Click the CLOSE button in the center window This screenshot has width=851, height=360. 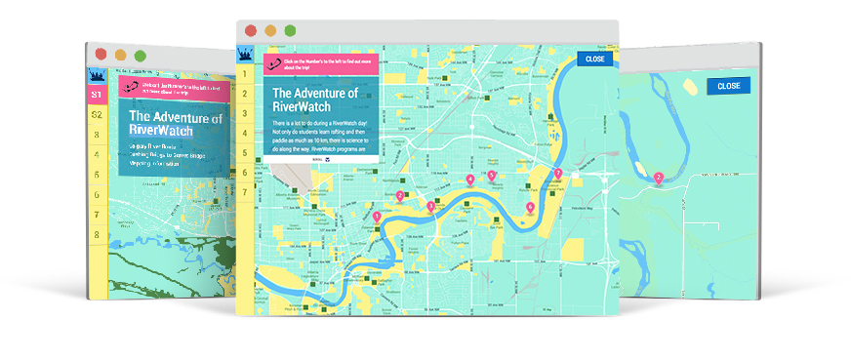595,60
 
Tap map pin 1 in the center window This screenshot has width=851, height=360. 377,216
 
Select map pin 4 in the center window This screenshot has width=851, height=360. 470,180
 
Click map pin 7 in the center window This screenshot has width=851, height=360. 558,174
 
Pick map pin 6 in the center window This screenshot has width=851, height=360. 530,207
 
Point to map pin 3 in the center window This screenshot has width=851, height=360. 430,206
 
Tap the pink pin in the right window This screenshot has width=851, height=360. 659,178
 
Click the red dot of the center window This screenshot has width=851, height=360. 251,30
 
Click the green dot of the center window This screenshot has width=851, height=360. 290,30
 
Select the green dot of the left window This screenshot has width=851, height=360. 141,55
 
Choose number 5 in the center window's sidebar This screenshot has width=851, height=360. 245,146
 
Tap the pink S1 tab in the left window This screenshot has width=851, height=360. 96,95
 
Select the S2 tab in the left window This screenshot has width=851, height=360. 96,115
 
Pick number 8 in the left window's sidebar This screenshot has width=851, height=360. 96,235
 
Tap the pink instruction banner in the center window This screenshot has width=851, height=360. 315,64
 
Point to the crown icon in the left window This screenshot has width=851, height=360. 97,74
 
